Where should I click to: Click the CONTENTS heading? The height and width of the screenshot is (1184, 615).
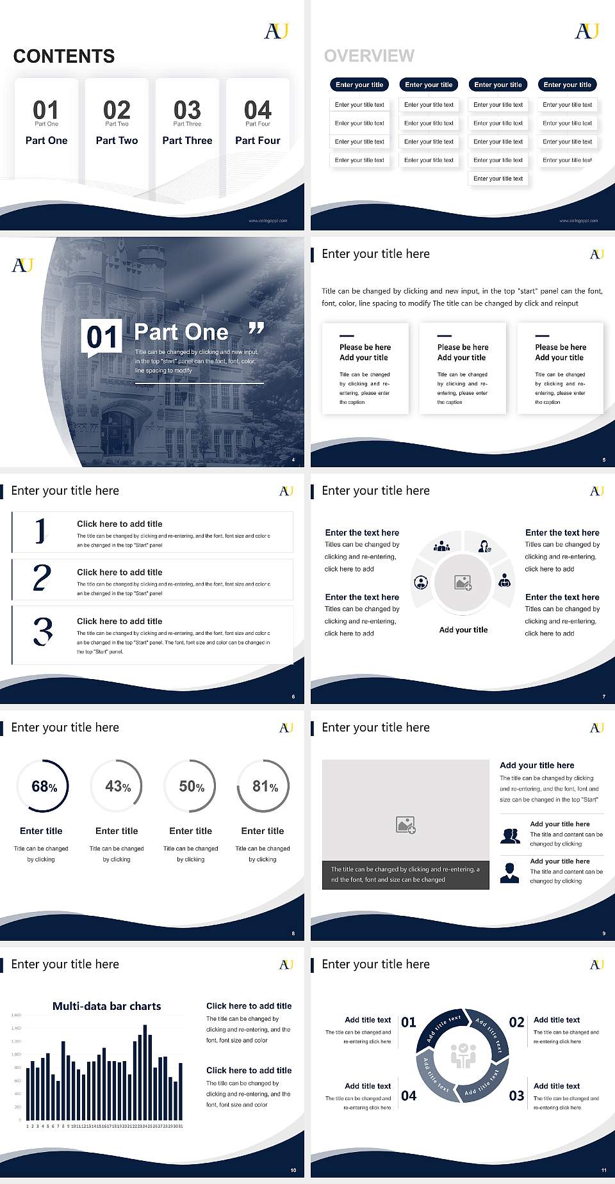click(x=64, y=56)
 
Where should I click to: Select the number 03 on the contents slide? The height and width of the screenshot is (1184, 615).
click(x=187, y=110)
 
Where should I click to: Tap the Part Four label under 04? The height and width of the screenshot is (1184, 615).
click(x=258, y=140)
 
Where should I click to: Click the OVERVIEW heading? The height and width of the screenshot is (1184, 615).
click(x=369, y=56)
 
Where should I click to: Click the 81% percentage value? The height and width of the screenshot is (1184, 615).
click(x=265, y=787)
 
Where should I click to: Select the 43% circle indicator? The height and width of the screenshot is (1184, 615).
click(x=117, y=787)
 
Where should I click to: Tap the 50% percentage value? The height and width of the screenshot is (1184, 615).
click(x=192, y=787)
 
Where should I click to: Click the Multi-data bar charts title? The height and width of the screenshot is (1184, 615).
click(x=107, y=1006)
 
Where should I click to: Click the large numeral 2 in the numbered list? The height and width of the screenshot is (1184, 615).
click(x=42, y=578)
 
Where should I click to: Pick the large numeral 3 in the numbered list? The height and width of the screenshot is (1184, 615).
click(x=43, y=631)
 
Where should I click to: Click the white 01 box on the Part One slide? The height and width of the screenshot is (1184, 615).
click(x=102, y=337)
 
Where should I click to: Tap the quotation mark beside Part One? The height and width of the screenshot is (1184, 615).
click(x=256, y=329)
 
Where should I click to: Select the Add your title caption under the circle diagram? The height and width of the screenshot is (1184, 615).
click(x=463, y=630)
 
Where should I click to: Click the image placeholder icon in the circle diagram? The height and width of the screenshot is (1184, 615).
click(x=463, y=582)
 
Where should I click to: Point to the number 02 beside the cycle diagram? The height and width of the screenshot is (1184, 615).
click(x=516, y=1022)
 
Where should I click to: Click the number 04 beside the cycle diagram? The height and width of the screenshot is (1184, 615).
click(x=409, y=1096)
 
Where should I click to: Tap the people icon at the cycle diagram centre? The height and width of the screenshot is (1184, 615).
click(x=463, y=1056)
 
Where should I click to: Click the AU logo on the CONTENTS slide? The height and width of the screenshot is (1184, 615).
click(x=277, y=31)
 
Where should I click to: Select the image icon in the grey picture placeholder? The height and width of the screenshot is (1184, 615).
click(x=406, y=825)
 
